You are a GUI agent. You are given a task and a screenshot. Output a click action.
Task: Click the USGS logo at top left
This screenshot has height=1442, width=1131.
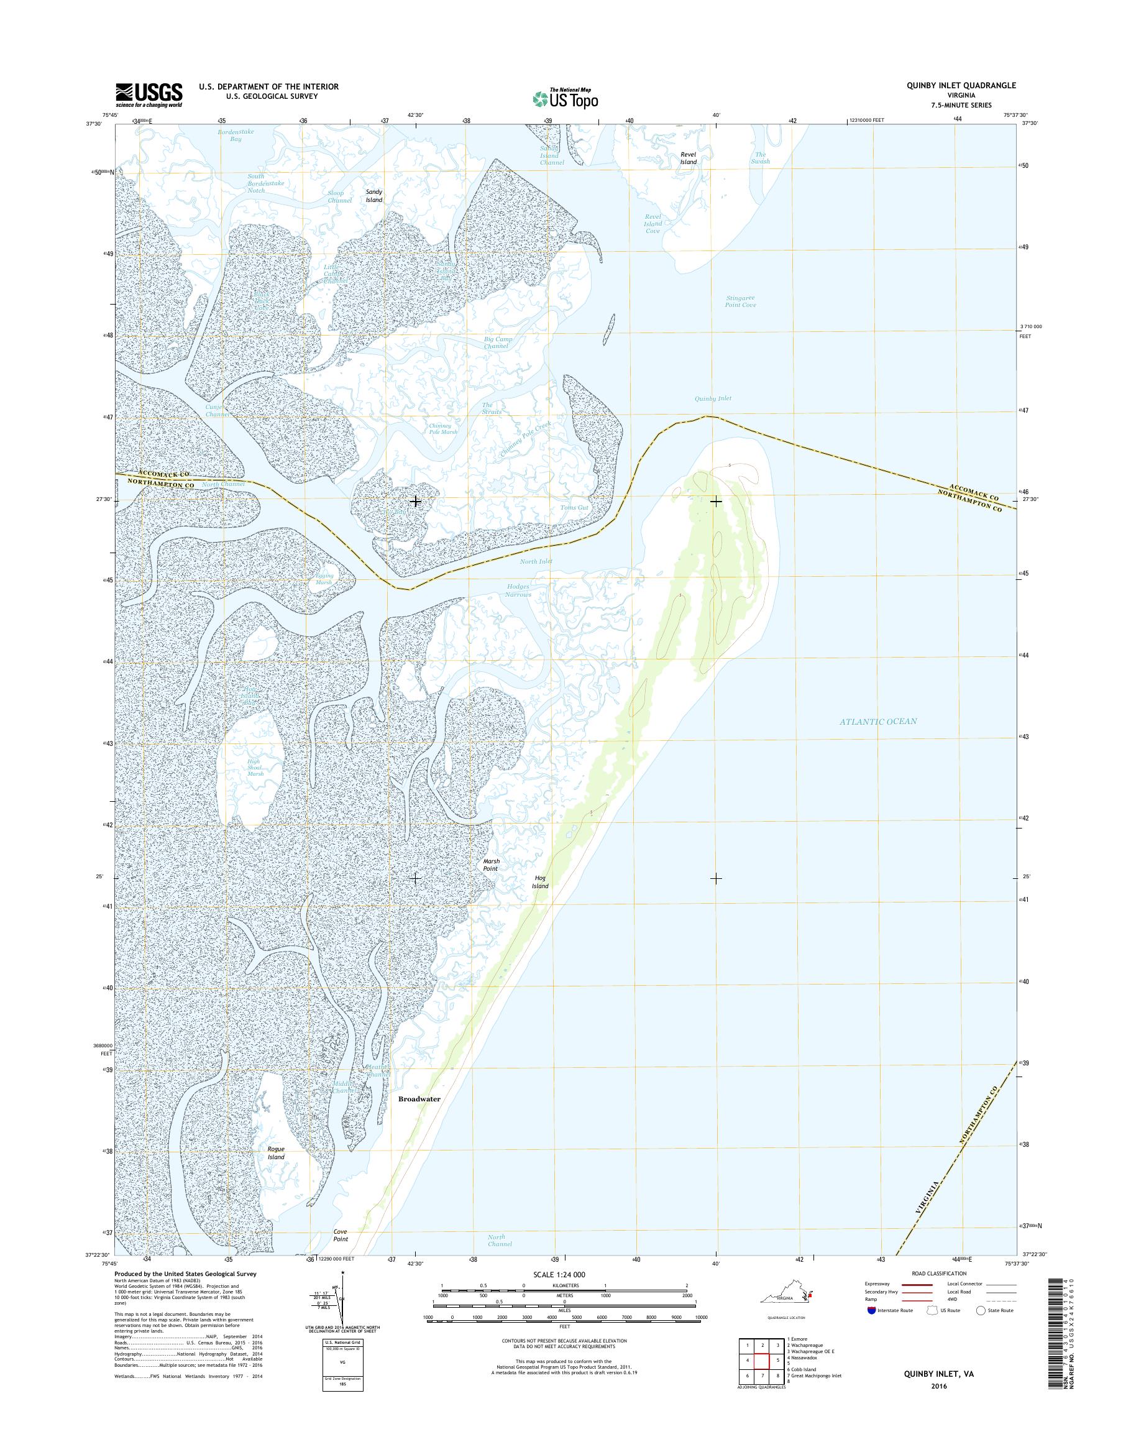coord(150,94)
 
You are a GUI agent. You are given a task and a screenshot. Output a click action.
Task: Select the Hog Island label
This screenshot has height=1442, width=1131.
coord(541,881)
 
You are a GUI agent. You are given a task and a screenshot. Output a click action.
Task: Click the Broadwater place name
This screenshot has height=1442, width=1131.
coord(419,1098)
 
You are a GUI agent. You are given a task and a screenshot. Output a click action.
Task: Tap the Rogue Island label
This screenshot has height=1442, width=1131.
coord(275,1153)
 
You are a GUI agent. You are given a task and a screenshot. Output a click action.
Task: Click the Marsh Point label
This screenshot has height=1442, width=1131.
coord(490,865)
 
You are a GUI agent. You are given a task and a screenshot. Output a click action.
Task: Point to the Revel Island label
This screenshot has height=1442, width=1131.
coord(688,158)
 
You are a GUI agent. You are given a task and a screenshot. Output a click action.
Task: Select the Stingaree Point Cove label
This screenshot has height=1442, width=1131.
coord(740,301)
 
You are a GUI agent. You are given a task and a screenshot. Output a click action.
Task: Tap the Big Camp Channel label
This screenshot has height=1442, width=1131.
coord(497,342)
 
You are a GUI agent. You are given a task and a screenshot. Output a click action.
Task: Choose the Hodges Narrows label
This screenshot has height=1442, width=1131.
coord(518,590)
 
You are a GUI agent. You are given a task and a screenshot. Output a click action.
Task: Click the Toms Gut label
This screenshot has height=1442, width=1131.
coord(574,507)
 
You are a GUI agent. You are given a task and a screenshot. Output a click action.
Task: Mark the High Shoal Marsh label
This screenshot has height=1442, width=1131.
coord(255,768)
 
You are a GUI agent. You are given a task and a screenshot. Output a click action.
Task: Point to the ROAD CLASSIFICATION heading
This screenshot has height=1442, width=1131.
coord(938,1273)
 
